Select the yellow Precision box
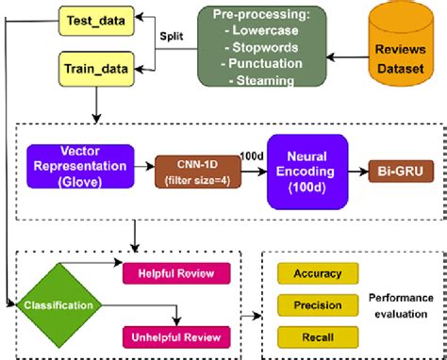[x=317, y=304]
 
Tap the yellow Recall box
[x=317, y=336]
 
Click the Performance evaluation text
[x=401, y=305]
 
